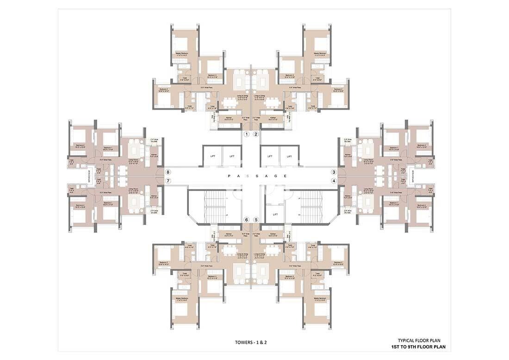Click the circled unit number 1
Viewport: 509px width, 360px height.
pos(247,134)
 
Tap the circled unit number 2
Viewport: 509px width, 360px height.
pos(255,134)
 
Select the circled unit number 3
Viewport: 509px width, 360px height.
pos(333,172)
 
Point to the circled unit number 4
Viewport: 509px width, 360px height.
pos(333,181)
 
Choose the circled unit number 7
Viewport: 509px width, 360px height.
pos(168,181)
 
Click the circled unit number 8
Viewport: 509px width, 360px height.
pos(168,172)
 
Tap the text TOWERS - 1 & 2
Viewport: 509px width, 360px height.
pos(251,343)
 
